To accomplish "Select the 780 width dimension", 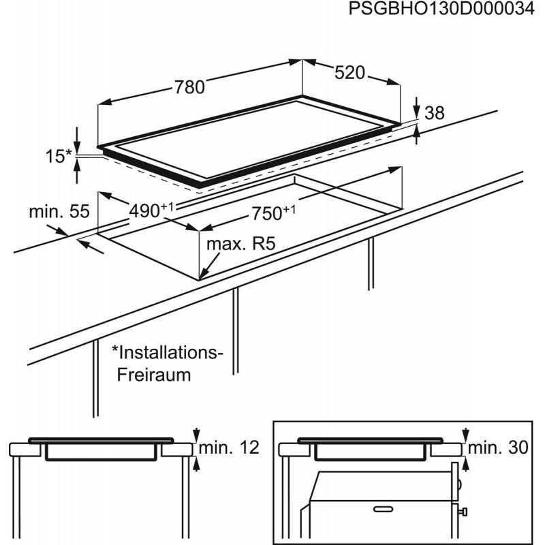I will [189, 87].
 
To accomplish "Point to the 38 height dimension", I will [435, 114].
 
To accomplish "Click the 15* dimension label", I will [57, 156].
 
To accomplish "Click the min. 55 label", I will [59, 212].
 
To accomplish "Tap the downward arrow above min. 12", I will [198, 435].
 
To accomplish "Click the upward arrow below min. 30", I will [466, 463].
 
